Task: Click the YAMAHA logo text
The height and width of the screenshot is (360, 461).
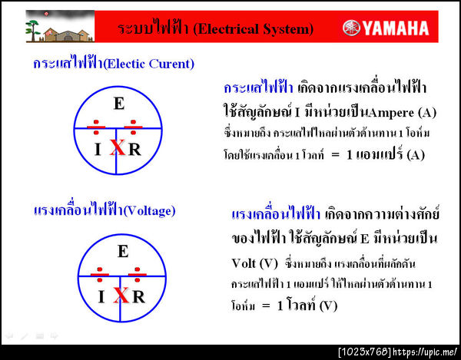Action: pos(395,29)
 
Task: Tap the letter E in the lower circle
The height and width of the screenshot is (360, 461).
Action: pos(122,250)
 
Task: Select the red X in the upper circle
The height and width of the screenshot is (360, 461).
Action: pos(117,148)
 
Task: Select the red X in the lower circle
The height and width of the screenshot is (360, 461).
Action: pos(121,295)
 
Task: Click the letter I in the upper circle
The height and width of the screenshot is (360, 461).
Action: pos(98,149)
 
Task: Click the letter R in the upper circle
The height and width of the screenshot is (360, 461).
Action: pos(134,149)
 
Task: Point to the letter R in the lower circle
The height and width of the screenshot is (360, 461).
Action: pos(138,296)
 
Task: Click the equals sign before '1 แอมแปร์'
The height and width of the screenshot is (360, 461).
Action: pos(336,154)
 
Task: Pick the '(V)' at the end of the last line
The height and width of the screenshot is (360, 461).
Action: pos(327,306)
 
